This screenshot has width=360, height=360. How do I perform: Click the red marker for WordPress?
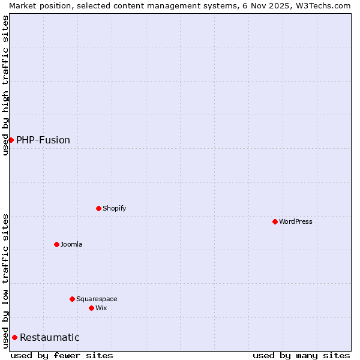[x=275, y=221]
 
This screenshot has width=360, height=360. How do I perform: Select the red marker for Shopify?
[x=98, y=208]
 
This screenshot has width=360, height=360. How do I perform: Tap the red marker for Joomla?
[x=56, y=244]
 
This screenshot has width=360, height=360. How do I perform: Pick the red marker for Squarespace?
[x=72, y=299]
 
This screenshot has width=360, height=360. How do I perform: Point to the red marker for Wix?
[x=91, y=308]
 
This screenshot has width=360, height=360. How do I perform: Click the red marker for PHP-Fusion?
[x=11, y=140]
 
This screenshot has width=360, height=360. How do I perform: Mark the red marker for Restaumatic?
[x=14, y=337]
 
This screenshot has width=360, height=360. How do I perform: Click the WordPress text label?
[x=295, y=221]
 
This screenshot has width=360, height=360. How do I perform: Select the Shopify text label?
[x=114, y=208]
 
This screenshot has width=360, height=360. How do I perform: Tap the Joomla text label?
[x=71, y=244]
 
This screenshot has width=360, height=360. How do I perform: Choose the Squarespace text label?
[x=97, y=299]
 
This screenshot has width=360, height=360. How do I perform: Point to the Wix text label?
[x=101, y=308]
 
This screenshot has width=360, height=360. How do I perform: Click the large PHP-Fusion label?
[x=43, y=140]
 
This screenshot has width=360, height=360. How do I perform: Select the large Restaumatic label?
[x=50, y=337]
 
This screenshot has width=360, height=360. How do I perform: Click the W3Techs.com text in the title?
[x=325, y=5]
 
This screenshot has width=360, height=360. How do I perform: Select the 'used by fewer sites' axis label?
[x=62, y=355]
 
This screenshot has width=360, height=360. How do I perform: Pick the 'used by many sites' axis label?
[x=301, y=355]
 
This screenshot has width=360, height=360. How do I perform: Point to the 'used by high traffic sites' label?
[x=5, y=85]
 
